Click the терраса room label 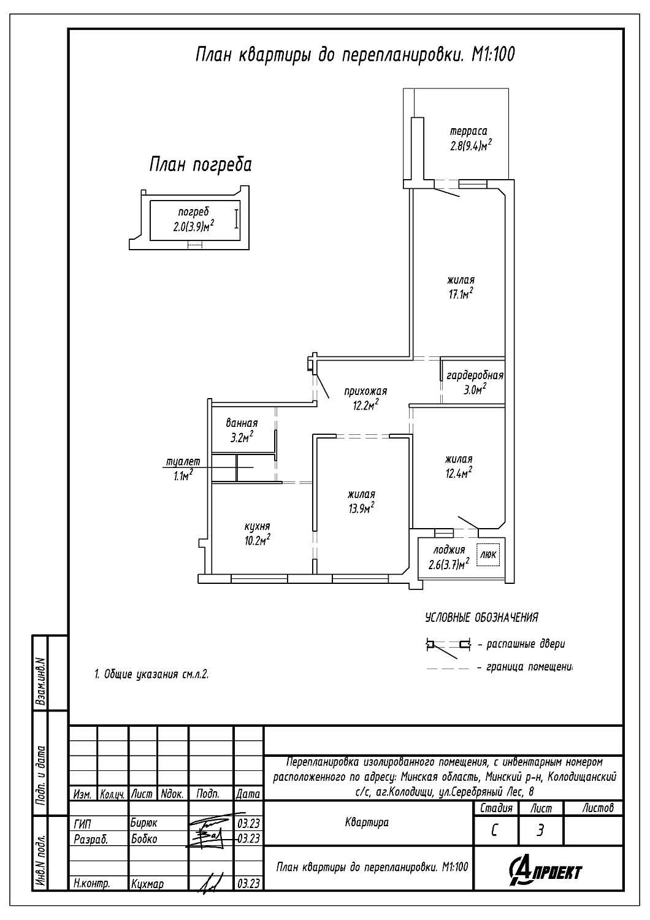tap(468, 131)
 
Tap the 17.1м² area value tap(461, 294)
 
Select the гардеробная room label tap(475, 375)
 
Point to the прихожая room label tap(365, 391)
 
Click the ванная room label tap(242, 423)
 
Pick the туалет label tap(183, 461)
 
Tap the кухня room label tap(258, 527)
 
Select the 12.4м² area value tap(459, 473)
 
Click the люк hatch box tap(489, 554)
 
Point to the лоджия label tap(449, 550)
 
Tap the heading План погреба tap(200, 165)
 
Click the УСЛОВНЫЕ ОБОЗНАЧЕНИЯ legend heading tap(481, 618)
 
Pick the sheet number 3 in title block tap(540, 830)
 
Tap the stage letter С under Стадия tap(494, 830)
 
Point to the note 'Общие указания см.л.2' tap(152, 674)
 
